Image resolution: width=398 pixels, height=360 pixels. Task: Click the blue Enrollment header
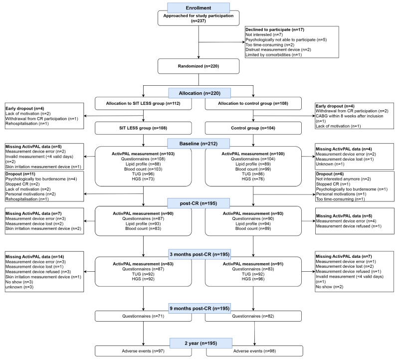(199, 8)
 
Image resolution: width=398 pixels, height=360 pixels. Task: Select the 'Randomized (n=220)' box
(199, 66)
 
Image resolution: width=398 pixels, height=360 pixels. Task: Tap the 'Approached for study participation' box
(199, 18)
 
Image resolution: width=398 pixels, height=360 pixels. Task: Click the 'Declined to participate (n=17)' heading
(275, 29)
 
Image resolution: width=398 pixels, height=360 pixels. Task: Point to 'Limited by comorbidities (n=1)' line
(274, 55)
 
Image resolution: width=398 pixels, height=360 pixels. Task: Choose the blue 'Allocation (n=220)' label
(199, 93)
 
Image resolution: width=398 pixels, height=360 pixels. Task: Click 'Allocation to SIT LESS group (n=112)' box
(143, 104)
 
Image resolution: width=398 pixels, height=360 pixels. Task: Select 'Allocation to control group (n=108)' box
(253, 104)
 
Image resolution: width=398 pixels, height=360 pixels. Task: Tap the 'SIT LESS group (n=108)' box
(143, 128)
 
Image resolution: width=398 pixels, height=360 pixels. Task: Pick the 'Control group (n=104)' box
(253, 128)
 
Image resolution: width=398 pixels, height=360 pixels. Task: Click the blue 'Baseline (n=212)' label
(199, 144)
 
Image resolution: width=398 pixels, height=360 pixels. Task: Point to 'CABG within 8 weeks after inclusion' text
(349, 116)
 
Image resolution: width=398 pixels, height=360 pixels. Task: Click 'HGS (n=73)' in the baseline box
(143, 179)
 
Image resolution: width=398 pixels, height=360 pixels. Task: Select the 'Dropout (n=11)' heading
(20, 174)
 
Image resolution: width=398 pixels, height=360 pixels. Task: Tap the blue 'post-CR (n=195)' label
(199, 203)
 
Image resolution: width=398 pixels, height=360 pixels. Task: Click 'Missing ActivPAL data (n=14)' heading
(35, 257)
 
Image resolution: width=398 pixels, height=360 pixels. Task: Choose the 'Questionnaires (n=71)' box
(143, 316)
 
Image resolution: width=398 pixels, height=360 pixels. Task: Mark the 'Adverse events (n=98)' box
(254, 351)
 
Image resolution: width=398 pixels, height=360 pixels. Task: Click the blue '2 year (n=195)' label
(201, 343)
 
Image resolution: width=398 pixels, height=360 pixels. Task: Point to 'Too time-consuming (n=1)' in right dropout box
(340, 199)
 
